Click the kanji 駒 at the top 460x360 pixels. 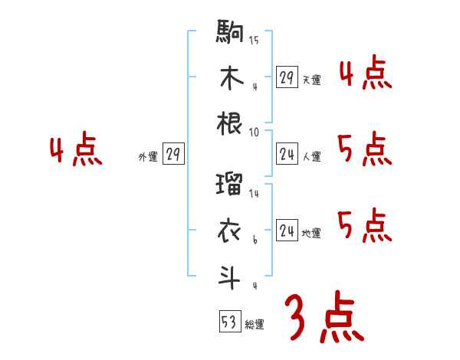click(230, 35)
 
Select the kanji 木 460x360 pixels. click(230, 78)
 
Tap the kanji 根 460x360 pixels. click(230, 123)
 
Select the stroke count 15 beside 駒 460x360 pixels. click(254, 41)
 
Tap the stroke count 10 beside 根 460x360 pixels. click(254, 131)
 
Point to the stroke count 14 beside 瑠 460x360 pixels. click(254, 195)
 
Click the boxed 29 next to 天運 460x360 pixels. click(287, 77)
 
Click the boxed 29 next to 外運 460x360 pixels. click(172, 155)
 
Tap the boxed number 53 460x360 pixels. click(228, 322)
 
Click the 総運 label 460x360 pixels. click(255, 325)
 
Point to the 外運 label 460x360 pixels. click(147, 157)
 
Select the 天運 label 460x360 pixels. click(311, 80)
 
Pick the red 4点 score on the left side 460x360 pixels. click(76, 151)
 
